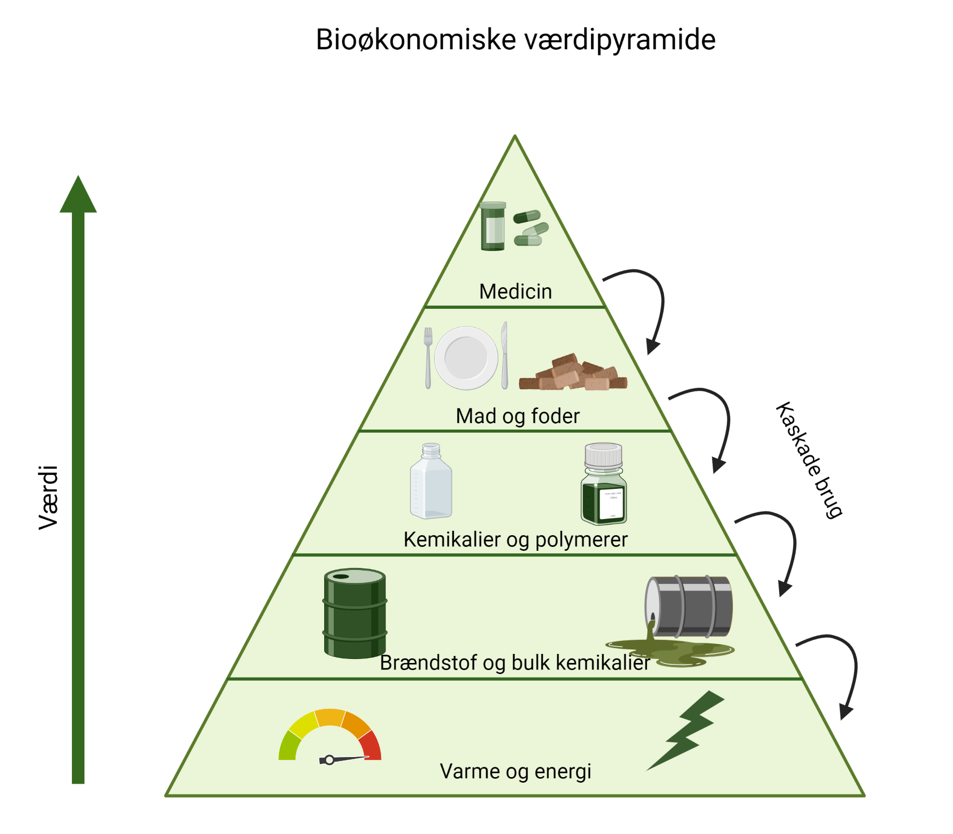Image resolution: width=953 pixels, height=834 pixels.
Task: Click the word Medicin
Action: pos(515,292)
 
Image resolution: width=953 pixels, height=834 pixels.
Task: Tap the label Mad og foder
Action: pos(517,416)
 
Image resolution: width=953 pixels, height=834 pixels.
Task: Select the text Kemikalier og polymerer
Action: pos(515,540)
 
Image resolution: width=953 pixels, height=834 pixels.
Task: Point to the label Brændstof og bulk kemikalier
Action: pos(515,663)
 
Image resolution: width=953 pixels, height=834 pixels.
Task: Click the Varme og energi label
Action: pos(515,772)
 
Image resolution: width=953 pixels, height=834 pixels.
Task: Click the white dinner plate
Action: pos(466,358)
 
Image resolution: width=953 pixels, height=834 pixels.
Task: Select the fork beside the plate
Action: pos(428,358)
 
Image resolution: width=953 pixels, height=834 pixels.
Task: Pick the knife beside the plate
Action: pos(504,356)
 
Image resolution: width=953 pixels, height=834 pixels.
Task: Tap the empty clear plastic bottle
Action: pos(431,483)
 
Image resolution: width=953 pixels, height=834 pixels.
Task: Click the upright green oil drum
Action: pos(355,614)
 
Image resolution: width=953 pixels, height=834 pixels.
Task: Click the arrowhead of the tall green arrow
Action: pos(78,196)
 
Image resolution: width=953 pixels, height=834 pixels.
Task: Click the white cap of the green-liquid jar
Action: pos(603,455)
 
